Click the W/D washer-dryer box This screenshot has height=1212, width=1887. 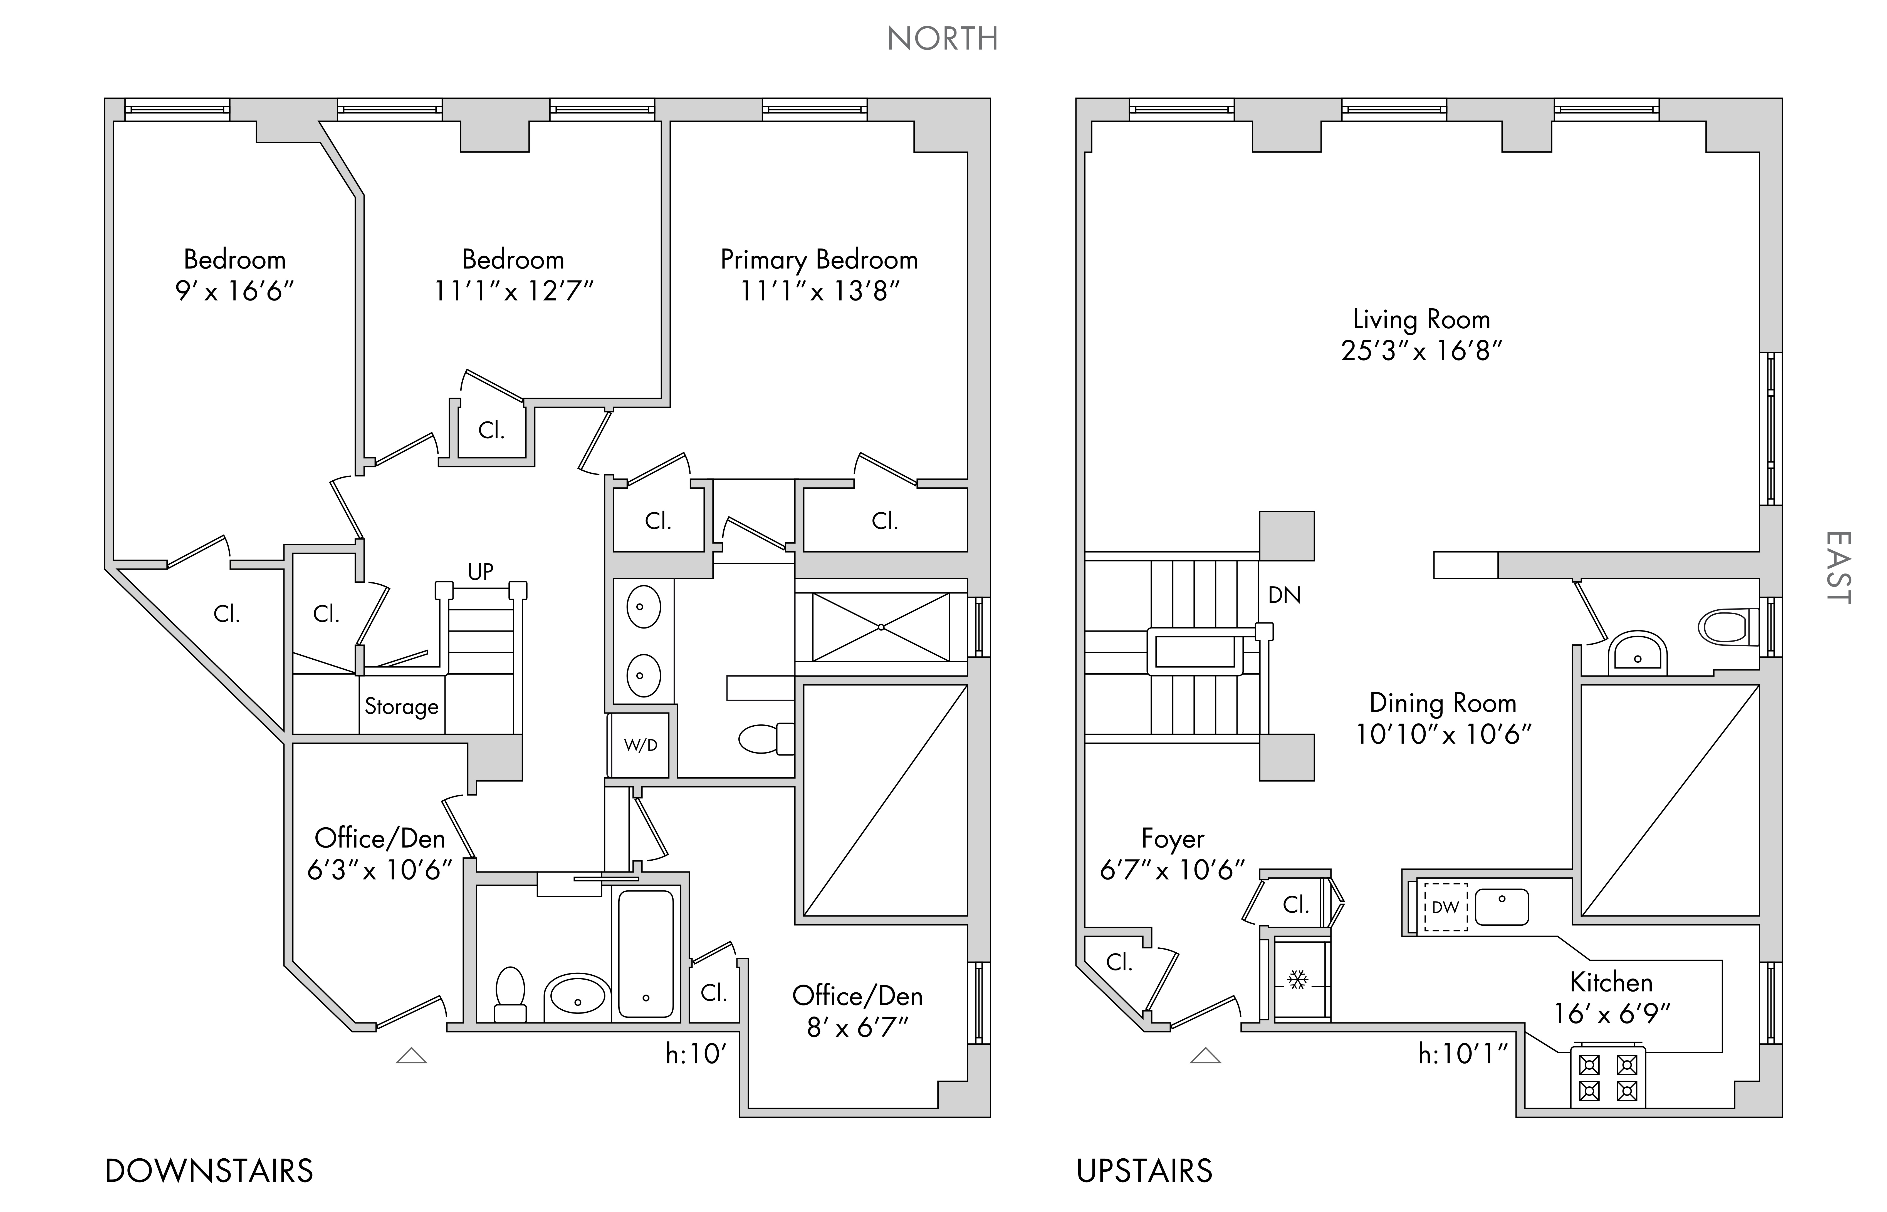(640, 744)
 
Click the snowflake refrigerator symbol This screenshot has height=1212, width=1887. (1297, 980)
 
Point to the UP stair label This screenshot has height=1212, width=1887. (480, 571)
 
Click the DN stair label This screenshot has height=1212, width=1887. (1284, 595)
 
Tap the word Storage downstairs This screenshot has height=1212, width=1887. (402, 707)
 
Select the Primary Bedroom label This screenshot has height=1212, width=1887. (819, 260)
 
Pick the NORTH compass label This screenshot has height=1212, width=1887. (942, 39)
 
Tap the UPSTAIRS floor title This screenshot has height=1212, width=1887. (1144, 1171)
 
